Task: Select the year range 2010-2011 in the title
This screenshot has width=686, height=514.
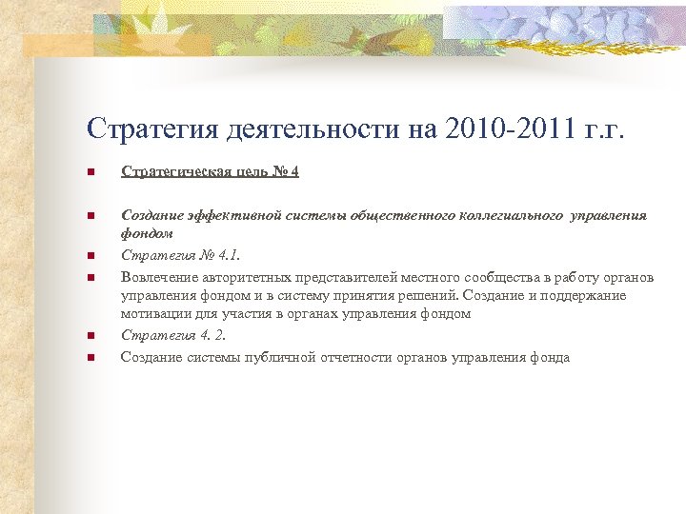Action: (x=501, y=129)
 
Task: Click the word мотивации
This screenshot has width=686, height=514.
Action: (x=154, y=313)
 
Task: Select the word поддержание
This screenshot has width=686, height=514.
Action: (x=586, y=295)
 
